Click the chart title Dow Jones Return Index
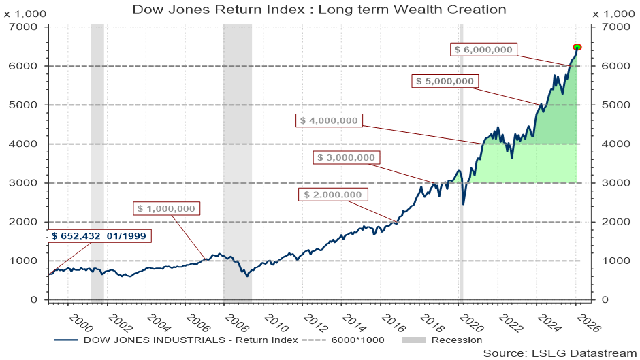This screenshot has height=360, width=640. point(319,9)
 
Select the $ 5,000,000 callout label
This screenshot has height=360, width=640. point(445,81)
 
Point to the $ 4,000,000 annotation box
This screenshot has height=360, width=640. point(329,120)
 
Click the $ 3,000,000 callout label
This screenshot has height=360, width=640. point(347,157)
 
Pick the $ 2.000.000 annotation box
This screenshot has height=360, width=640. point(333,194)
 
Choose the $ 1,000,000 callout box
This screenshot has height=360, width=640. point(166,208)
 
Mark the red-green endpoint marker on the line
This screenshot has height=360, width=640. point(577,47)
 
